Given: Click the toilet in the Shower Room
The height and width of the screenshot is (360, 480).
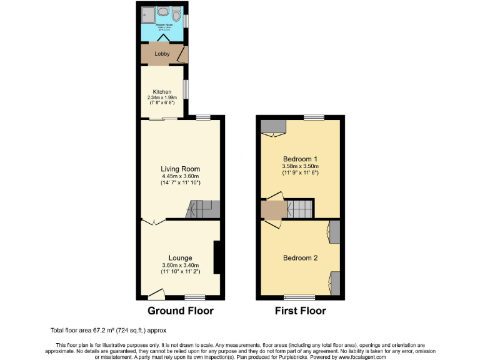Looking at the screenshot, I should (x=177, y=13).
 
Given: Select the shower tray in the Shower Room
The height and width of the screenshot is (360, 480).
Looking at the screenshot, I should (x=147, y=13).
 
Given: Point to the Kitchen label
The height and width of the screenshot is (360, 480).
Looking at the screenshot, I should (x=162, y=92).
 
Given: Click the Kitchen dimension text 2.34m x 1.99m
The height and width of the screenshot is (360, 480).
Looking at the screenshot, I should (x=162, y=97).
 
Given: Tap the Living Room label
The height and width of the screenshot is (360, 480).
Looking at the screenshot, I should (x=180, y=169).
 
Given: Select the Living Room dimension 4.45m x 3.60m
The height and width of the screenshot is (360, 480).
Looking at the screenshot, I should (x=180, y=176).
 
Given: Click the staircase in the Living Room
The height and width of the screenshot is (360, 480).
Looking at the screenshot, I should (x=204, y=209).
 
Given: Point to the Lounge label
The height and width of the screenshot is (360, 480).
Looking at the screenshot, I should (x=180, y=257).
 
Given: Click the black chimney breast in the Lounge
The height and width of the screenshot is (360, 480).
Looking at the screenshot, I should (x=217, y=257).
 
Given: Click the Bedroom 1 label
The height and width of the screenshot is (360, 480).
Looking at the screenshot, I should (x=301, y=159).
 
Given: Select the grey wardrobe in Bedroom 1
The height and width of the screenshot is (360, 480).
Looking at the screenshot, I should (x=272, y=127).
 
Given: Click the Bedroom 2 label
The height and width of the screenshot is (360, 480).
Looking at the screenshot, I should (x=301, y=257).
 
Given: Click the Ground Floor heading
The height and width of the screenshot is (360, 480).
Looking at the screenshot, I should (x=180, y=311).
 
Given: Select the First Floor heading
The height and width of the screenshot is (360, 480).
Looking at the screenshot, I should (x=301, y=311).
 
